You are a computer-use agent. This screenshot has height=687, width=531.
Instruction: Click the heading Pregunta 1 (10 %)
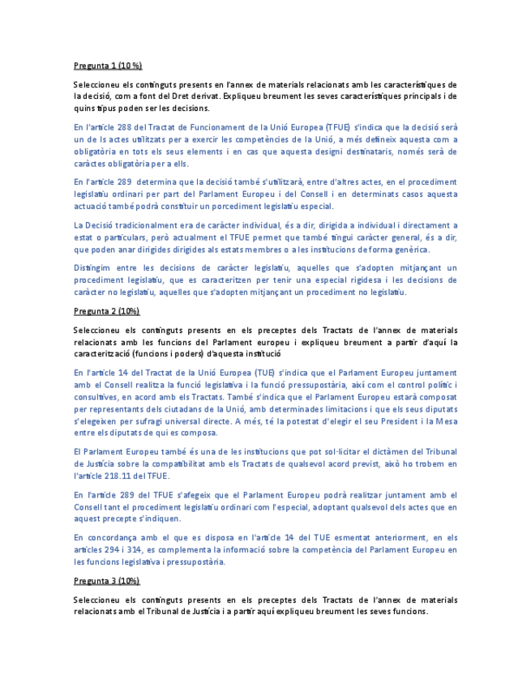pyautogui.click(x=107, y=66)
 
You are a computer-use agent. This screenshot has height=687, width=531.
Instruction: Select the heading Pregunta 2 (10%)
pyautogui.click(x=105, y=310)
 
